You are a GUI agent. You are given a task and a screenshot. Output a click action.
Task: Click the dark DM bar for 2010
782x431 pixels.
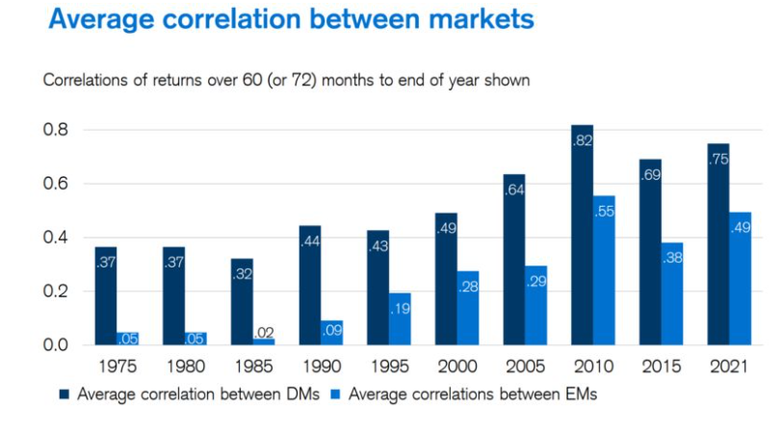click(x=582, y=235)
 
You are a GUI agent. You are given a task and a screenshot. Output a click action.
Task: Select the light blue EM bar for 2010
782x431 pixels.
click(x=604, y=270)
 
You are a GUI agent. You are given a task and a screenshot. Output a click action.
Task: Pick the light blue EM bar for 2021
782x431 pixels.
click(x=740, y=279)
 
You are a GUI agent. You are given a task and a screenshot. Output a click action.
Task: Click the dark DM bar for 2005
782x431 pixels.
click(x=513, y=260)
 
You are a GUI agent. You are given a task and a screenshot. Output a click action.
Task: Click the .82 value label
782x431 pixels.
click(x=582, y=140)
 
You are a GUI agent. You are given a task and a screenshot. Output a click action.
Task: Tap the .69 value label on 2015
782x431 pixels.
click(x=650, y=175)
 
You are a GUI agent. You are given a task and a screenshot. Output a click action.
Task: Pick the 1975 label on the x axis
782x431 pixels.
click(x=116, y=367)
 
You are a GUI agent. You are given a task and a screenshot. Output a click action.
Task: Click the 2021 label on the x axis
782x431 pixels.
click(x=728, y=367)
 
